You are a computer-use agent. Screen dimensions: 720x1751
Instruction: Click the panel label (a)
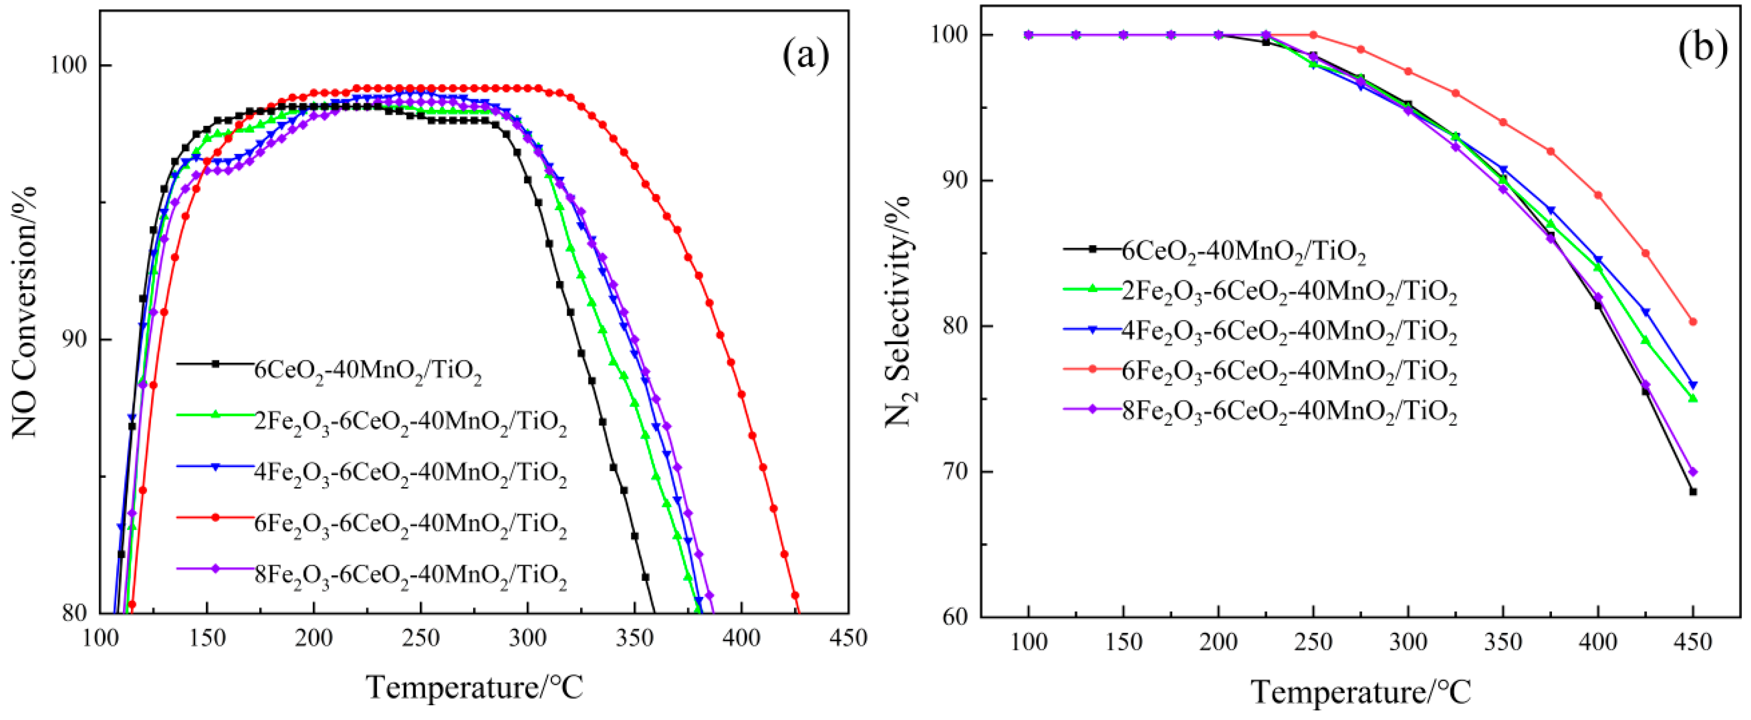(806, 56)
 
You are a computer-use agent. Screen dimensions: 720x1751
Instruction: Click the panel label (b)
(1703, 49)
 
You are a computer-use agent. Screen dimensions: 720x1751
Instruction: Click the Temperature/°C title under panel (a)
(475, 687)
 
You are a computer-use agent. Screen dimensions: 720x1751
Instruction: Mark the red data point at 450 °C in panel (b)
(1693, 322)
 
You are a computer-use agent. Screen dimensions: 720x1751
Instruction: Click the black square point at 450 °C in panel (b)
(1693, 492)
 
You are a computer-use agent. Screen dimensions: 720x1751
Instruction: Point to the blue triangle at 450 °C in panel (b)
(1693, 385)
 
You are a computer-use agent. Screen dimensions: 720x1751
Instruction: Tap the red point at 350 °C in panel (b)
(1503, 122)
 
